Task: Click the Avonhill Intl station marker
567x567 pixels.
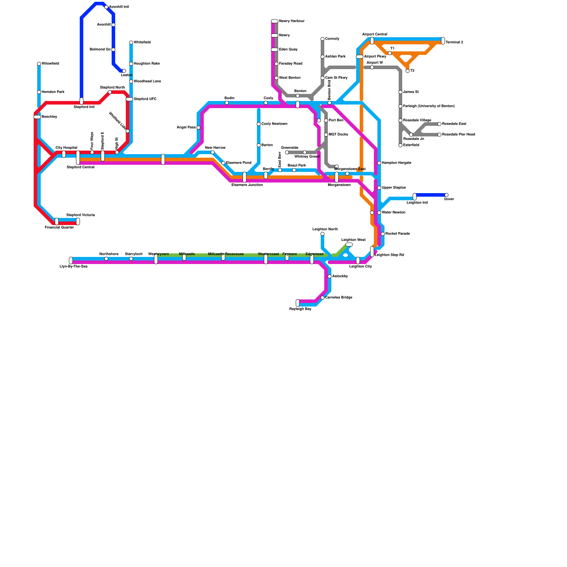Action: (106, 7)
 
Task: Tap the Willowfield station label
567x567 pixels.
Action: (50, 64)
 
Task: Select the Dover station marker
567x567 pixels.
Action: (447, 195)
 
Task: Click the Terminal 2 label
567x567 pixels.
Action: (454, 43)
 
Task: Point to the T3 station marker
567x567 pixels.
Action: (408, 71)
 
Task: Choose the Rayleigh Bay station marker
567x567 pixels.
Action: (298, 303)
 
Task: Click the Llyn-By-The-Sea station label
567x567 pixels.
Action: (73, 266)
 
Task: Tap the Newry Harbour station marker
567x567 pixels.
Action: (275, 21)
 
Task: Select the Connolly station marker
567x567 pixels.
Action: (322, 39)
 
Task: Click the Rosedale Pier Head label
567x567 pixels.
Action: (459, 135)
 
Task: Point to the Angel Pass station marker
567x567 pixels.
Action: (198, 128)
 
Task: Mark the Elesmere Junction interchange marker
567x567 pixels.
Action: (245, 177)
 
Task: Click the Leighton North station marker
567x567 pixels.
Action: (322, 234)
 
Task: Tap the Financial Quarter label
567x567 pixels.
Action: (59, 228)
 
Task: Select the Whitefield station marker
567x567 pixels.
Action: (131, 43)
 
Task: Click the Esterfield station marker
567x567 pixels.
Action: (400, 145)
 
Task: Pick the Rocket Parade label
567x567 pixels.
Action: (398, 234)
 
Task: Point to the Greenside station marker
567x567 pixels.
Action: (287, 152)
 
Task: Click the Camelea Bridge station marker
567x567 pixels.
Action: (322, 298)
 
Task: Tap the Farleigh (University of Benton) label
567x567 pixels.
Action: (429, 106)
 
